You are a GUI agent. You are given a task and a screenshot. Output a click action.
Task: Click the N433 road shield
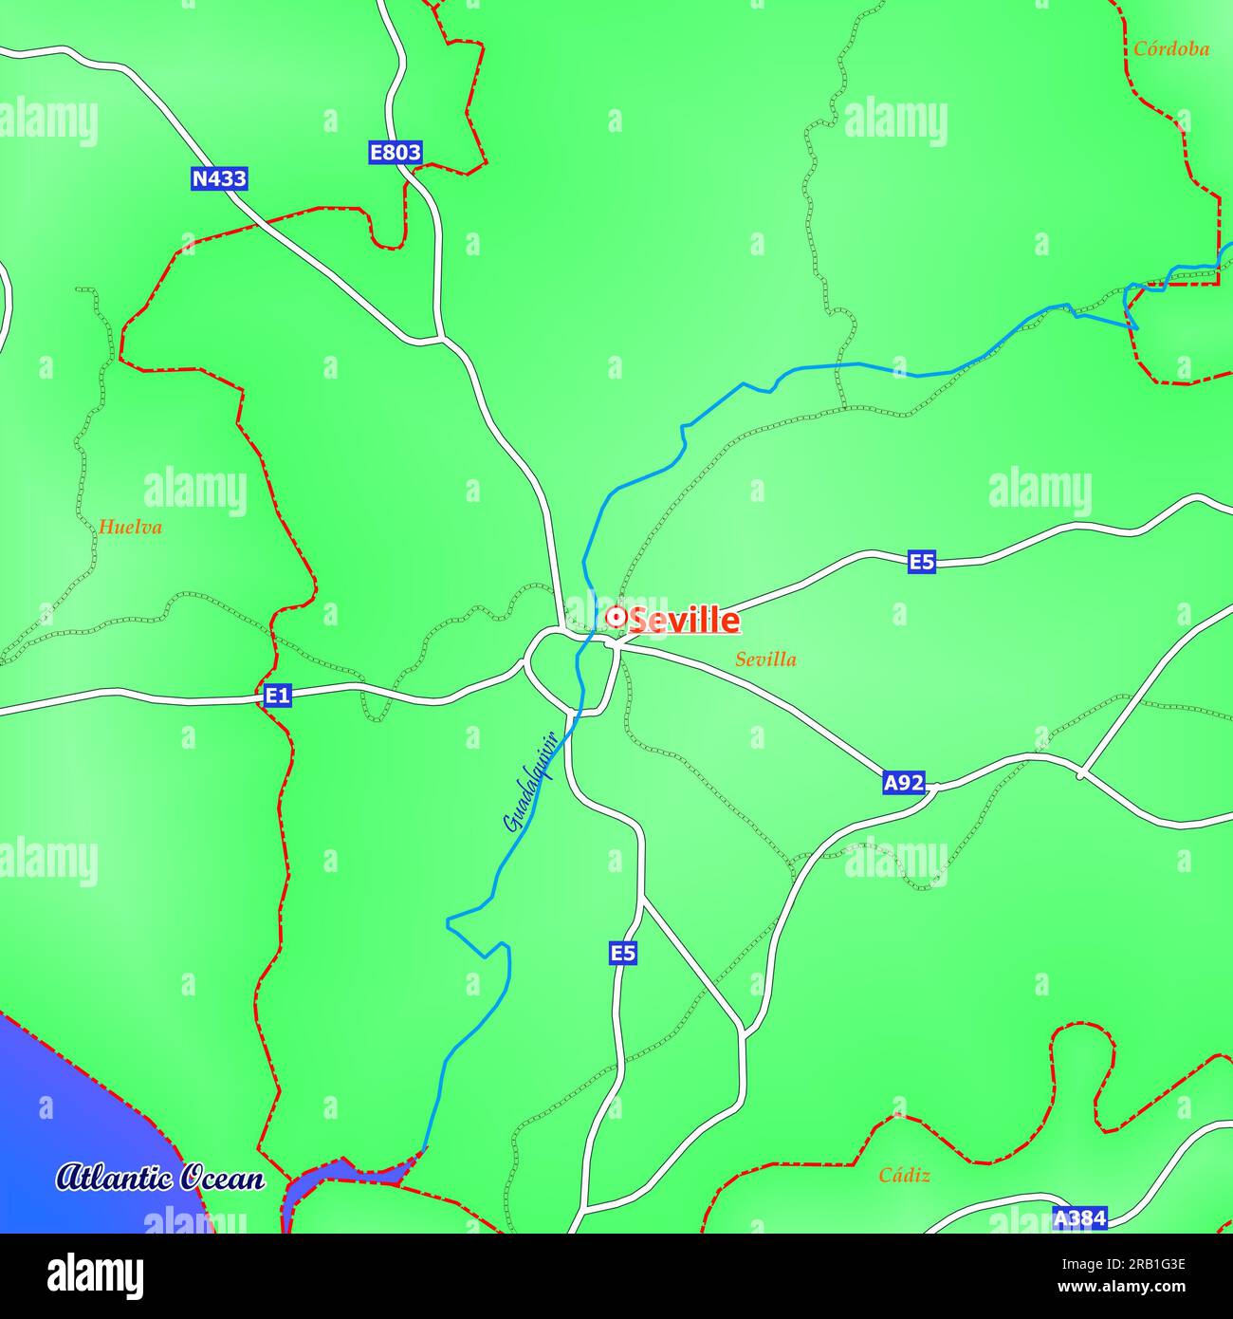[219, 178]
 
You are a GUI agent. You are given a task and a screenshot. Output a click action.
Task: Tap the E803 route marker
[395, 152]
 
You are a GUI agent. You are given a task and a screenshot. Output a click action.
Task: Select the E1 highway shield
[277, 697]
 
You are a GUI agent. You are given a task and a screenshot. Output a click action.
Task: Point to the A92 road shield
[903, 783]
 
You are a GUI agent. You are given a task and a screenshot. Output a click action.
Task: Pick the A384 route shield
[1080, 1217]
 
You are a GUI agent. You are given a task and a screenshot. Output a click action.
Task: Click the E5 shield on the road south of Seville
[622, 953]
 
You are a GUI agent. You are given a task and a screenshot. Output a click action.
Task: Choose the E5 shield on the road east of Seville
[921, 562]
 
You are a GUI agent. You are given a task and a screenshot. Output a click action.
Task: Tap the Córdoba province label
[1171, 49]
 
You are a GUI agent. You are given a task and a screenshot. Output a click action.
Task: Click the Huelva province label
[130, 527]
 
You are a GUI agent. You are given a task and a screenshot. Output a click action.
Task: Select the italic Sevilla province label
[765, 659]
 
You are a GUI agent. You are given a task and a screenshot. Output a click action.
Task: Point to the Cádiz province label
[904, 1176]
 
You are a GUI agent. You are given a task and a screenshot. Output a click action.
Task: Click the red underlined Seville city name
[684, 621]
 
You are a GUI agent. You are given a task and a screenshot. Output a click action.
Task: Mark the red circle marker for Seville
[615, 618]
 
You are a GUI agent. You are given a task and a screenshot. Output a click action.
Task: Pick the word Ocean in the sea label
[223, 1179]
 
